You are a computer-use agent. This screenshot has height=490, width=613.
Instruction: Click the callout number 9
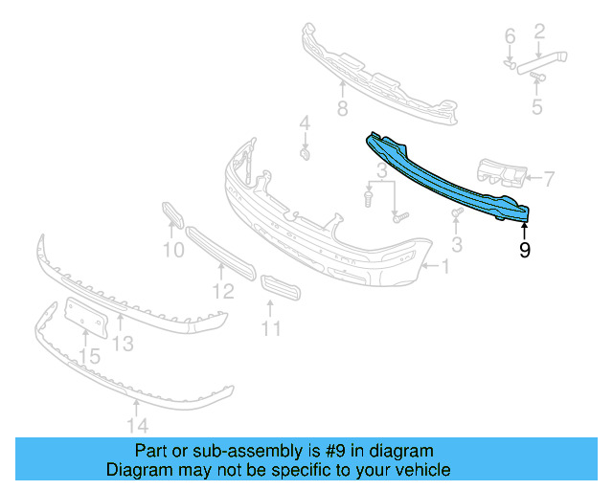pyautogui.click(x=524, y=251)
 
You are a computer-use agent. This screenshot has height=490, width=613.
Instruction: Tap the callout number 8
pyautogui.click(x=342, y=108)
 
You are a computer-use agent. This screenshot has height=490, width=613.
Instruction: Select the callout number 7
pyautogui.click(x=549, y=177)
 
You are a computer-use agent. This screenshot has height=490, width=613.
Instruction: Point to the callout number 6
pyautogui.click(x=511, y=36)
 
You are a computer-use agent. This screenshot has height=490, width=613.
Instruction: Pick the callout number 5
pyautogui.click(x=537, y=107)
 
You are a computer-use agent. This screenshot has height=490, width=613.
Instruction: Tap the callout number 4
pyautogui.click(x=305, y=122)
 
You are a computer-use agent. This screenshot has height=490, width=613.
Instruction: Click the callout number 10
pyautogui.click(x=172, y=252)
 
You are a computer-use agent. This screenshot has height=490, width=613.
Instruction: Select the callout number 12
pyautogui.click(x=222, y=291)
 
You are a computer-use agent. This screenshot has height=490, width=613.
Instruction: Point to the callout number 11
pyautogui.click(x=272, y=328)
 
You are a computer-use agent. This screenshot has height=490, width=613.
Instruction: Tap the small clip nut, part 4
pyautogui.click(x=305, y=153)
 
